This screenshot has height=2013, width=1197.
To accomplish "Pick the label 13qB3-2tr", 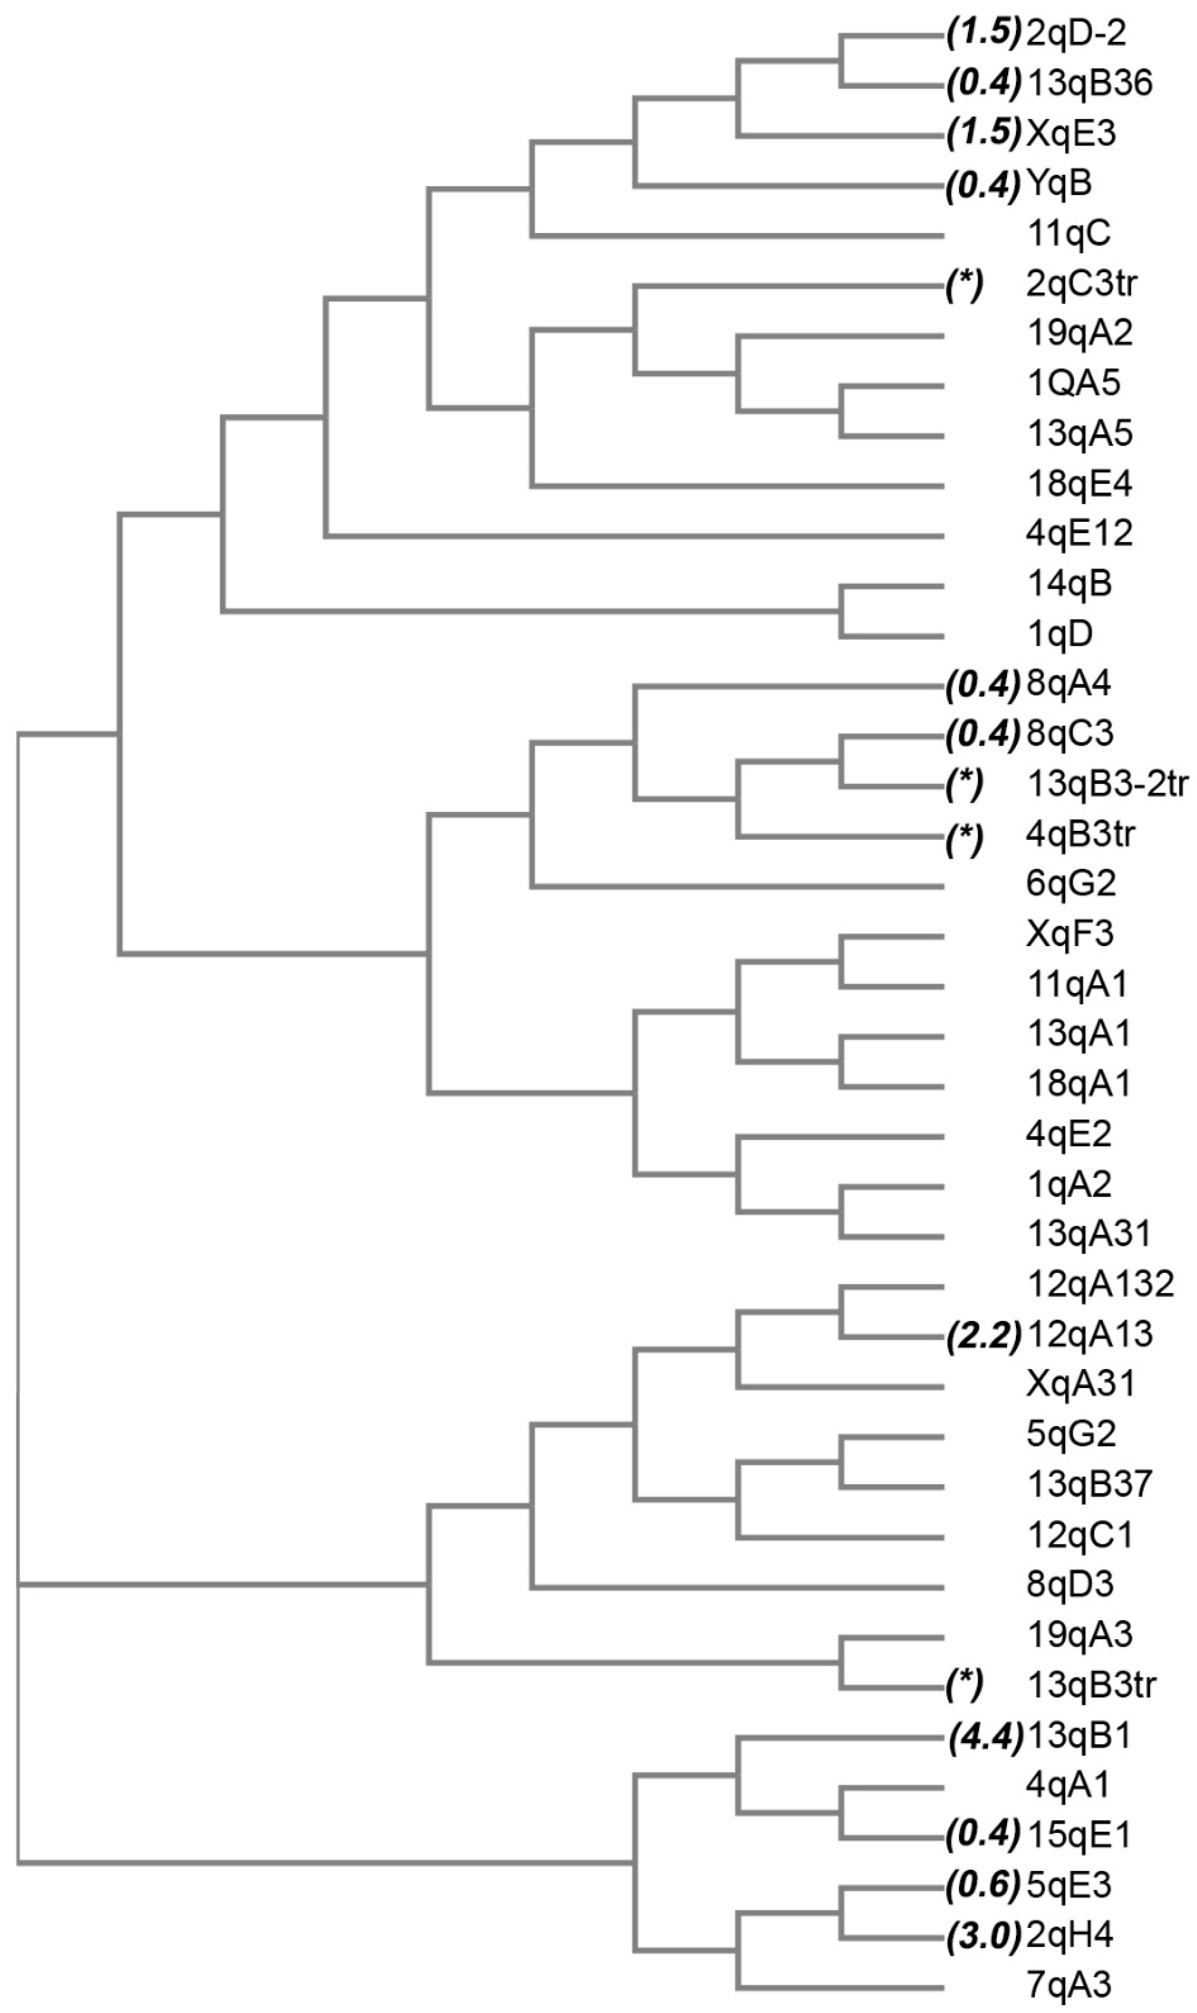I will [1107, 784].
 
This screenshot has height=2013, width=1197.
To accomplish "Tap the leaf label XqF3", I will [1070, 934].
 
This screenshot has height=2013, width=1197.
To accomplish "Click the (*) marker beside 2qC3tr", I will [965, 285].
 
